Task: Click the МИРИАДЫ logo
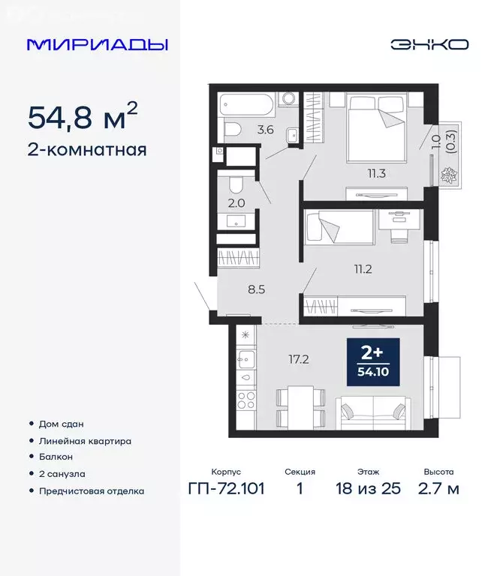[x=98, y=44]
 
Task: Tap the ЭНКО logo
[x=429, y=44]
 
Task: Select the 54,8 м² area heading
[x=83, y=116]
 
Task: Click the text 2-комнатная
[x=86, y=149]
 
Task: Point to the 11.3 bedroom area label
[x=376, y=174]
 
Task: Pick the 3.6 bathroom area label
[x=266, y=129]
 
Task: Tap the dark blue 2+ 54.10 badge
[x=372, y=363]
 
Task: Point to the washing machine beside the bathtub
[x=287, y=100]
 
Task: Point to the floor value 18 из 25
[x=369, y=489]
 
